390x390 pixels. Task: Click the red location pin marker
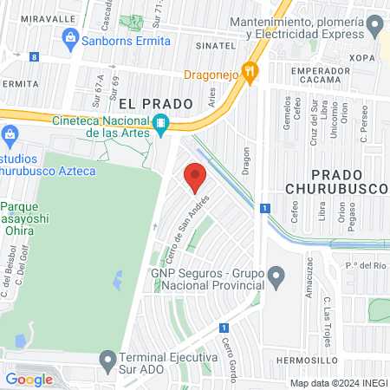tap(195, 178)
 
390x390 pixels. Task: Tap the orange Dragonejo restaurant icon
tap(250, 74)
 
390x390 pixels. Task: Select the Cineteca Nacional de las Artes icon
tap(161, 126)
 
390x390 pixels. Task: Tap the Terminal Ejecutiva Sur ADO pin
tap(107, 358)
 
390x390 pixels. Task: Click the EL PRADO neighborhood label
tap(155, 103)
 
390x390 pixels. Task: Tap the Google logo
tap(29, 379)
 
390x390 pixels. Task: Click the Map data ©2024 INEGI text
tap(338, 382)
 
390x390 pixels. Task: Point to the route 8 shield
tap(33, 56)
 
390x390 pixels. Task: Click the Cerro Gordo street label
tap(230, 353)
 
